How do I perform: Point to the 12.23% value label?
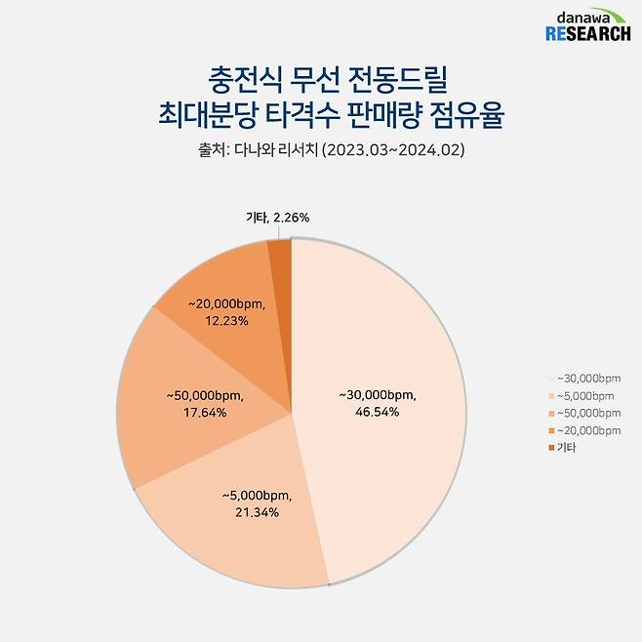(227, 319)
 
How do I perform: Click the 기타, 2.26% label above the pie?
(277, 218)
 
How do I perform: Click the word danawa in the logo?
(584, 18)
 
